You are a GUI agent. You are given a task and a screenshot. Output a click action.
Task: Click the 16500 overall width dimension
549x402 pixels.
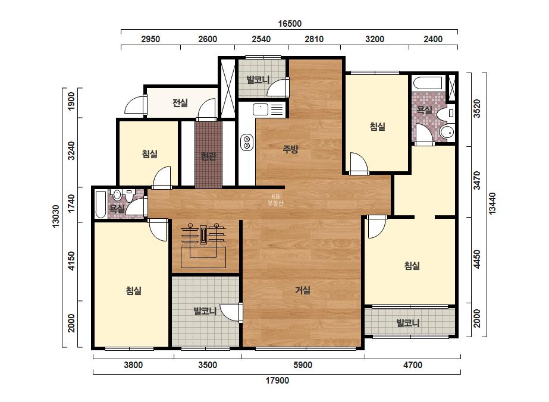tap(290, 23)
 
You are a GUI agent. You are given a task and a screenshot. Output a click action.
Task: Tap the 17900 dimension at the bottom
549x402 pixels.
tap(277, 380)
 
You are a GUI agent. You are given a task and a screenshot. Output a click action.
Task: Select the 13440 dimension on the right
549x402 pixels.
tap(492, 204)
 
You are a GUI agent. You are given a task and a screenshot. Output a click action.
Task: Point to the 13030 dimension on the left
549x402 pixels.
tap(56, 216)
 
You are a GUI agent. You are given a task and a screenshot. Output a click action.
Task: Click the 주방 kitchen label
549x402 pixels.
tap(290, 149)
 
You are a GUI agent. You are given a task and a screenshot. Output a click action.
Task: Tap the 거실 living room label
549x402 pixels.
tap(303, 290)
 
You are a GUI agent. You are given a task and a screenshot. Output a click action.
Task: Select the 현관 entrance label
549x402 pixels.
tap(208, 156)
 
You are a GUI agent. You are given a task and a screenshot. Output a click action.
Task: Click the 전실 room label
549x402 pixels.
tap(180, 103)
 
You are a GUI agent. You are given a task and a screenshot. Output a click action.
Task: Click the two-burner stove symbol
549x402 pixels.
tap(247, 143)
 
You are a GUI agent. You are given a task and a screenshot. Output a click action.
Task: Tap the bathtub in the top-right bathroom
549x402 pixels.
tap(428, 83)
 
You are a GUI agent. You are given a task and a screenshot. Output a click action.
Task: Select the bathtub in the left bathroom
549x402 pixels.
tap(101, 205)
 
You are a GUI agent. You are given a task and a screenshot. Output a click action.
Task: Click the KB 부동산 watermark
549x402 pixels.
tap(275, 200)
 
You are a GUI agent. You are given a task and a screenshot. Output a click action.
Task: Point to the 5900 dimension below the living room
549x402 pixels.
tap(303, 365)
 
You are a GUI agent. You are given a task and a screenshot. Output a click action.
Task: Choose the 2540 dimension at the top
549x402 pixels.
tap(261, 39)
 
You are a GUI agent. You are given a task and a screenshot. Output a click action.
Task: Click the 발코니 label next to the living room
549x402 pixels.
tap(205, 311)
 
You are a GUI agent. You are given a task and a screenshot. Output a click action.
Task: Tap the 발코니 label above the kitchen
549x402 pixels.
tap(258, 80)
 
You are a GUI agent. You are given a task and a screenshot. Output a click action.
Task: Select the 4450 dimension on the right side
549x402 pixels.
tap(477, 259)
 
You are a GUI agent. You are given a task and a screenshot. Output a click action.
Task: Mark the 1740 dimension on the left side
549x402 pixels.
tap(71, 203)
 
